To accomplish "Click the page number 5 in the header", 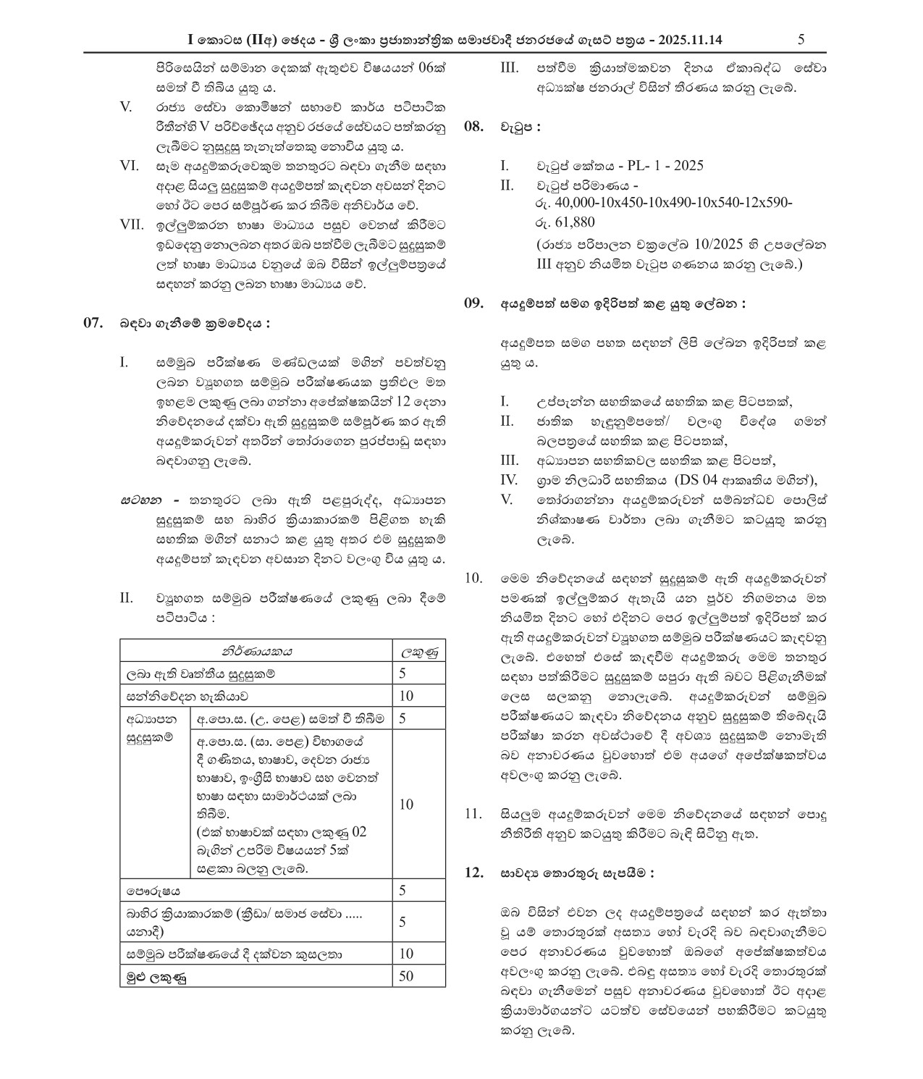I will click(801, 40).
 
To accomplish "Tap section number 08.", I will click(473, 127).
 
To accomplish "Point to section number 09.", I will click(473, 304).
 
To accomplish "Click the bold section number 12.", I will click(473, 873).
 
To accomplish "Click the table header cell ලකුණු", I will click(418, 651).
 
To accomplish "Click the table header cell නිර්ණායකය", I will click(256, 651).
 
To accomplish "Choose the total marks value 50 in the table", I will click(406, 975).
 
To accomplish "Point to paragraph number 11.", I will click(473, 815).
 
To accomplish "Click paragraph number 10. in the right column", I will click(473, 579).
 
